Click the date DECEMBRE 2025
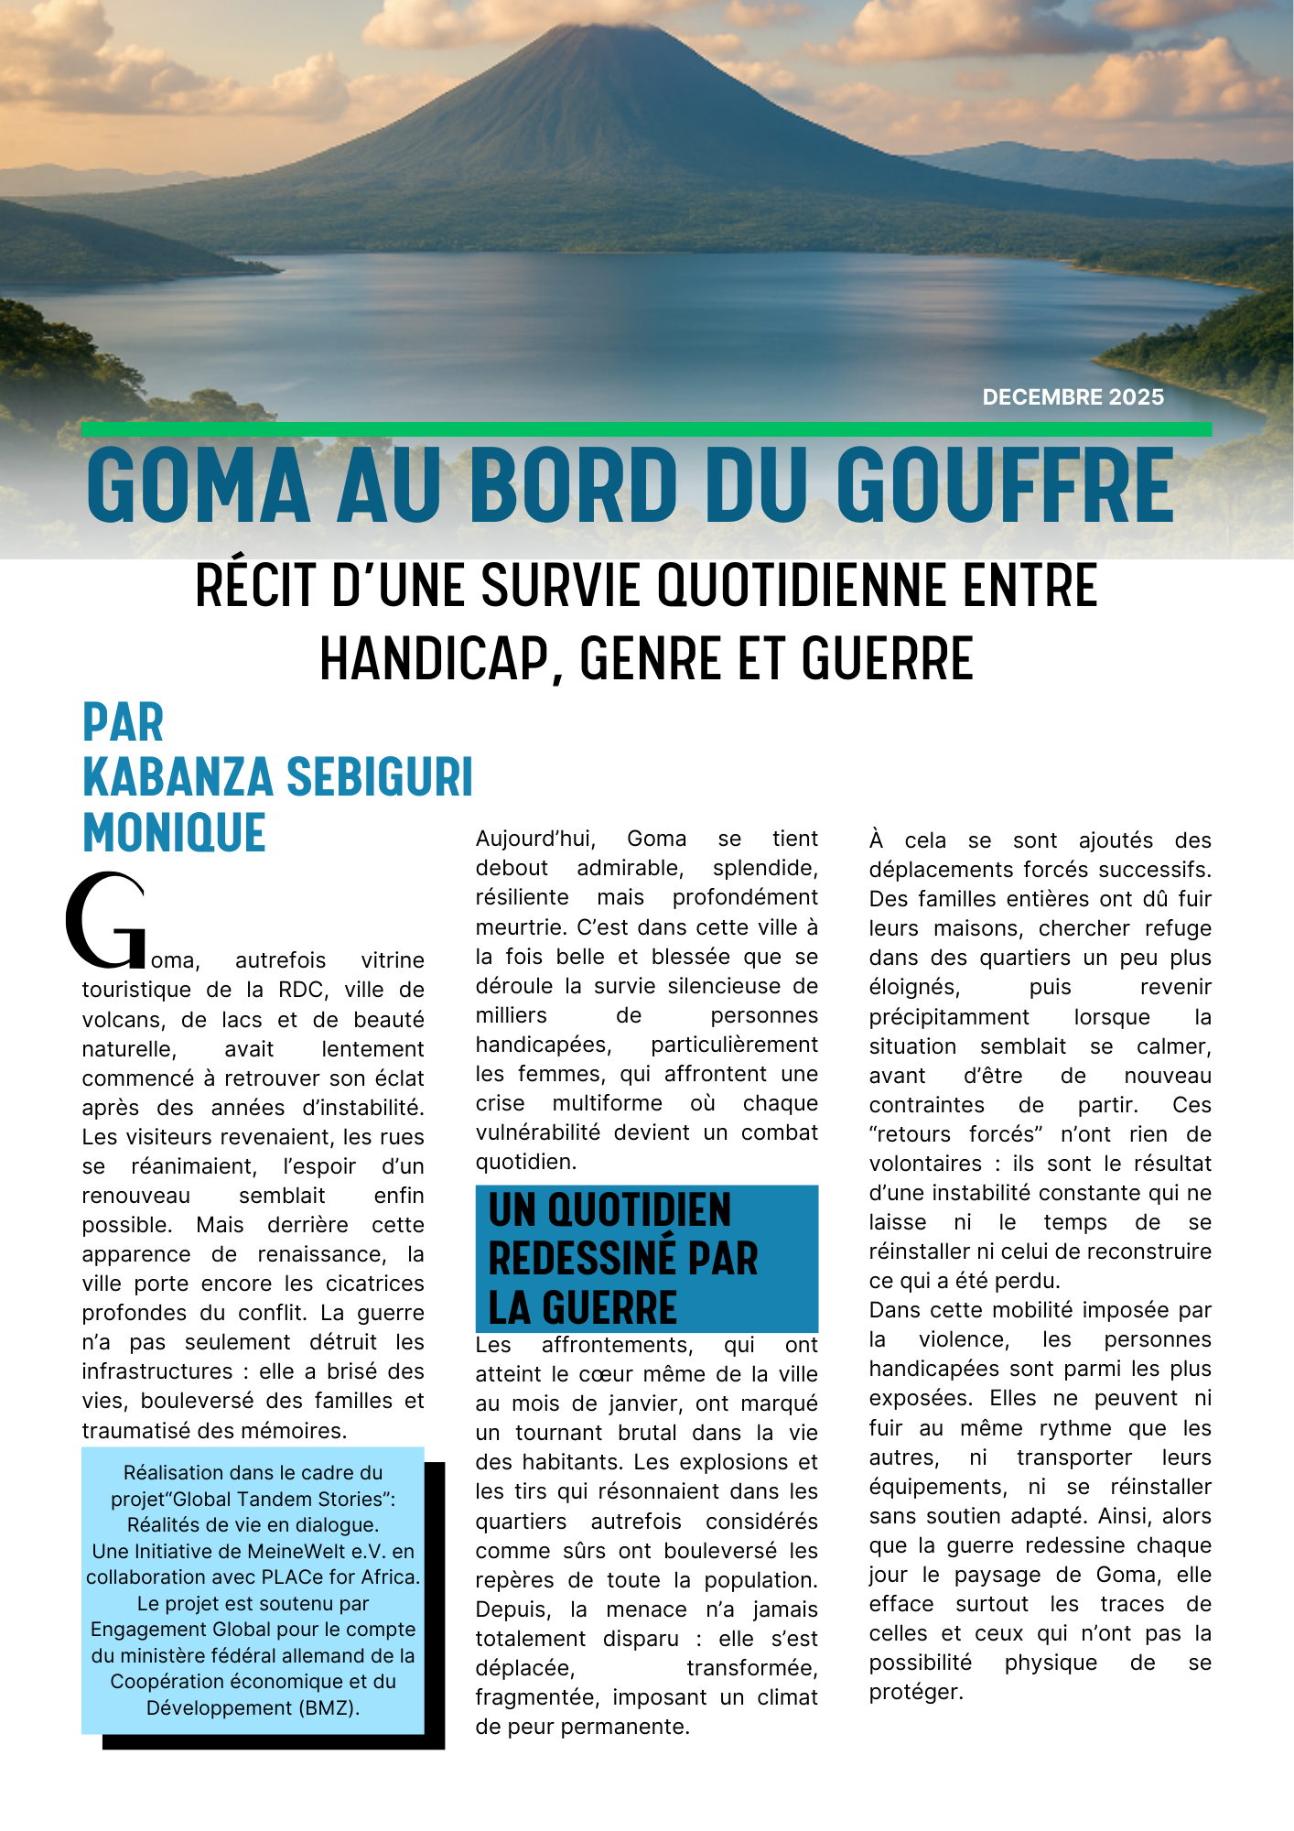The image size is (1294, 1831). tap(1073, 397)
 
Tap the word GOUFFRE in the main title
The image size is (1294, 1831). tap(1004, 485)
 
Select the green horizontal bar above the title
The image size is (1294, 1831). tap(646, 429)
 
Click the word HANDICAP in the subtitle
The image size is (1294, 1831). tap(435, 659)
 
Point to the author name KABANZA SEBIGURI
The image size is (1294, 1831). tap(277, 777)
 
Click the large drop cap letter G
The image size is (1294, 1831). tap(105, 921)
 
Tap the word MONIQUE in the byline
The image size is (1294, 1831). tap(174, 832)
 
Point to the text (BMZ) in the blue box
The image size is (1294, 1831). tap(329, 1708)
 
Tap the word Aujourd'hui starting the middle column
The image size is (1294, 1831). tap(535, 840)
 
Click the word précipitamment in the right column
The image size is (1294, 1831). tap(949, 1018)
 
